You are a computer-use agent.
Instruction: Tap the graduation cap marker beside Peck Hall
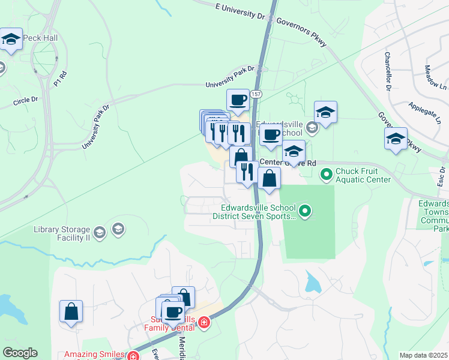(10, 40)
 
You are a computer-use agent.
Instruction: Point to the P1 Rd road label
(58, 78)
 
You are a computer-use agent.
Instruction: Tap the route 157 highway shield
(256, 94)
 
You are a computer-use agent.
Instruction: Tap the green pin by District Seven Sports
(305, 211)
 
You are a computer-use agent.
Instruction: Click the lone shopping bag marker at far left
(71, 311)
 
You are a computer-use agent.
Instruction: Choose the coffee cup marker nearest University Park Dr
(238, 100)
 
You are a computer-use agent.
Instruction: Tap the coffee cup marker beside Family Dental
(173, 312)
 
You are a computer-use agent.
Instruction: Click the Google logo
(20, 353)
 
